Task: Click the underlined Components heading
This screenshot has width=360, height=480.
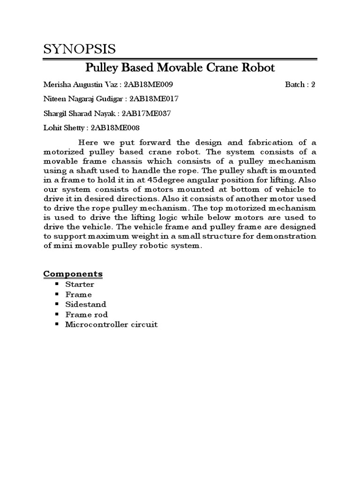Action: click(x=73, y=274)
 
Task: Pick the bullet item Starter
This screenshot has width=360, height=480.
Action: click(x=80, y=285)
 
